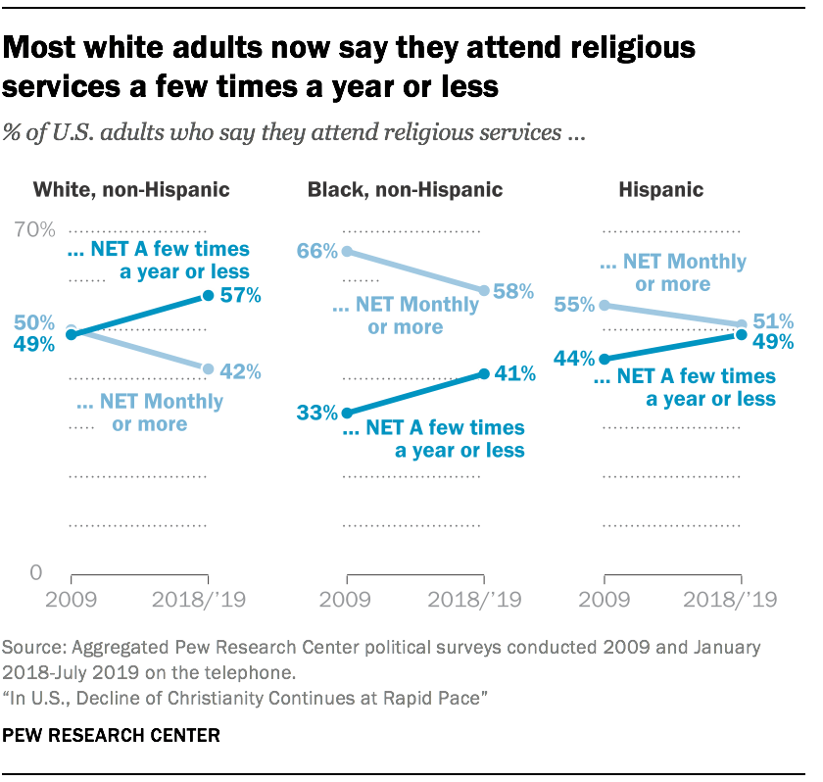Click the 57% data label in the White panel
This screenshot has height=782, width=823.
[240, 295]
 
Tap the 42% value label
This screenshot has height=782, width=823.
[240, 370]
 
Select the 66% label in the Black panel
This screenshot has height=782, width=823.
[317, 252]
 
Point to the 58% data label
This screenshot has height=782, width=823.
[513, 291]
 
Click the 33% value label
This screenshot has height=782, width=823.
[317, 413]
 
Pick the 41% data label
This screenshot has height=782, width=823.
[513, 373]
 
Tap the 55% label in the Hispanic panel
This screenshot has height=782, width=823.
[574, 305]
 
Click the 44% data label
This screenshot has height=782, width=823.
[574, 360]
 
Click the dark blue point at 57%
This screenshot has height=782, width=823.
[208, 296]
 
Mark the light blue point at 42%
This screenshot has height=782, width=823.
[208, 368]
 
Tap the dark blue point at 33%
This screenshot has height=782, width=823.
[345, 413]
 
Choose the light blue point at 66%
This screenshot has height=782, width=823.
[345, 252]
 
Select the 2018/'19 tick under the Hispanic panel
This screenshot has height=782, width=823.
[742, 600]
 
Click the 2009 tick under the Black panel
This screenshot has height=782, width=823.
[345, 600]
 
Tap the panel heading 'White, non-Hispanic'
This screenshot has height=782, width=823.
[131, 190]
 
